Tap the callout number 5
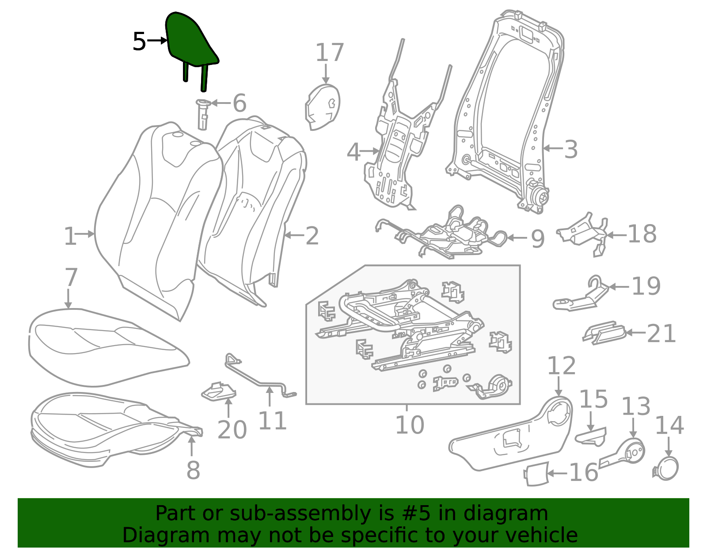pos(139,42)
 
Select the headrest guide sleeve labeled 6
pos(202,114)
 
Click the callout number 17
pos(330,52)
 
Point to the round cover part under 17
pos(322,107)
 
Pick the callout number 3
pos(570,149)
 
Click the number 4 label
pos(353,152)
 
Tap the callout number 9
pos(537,239)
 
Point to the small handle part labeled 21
pos(604,333)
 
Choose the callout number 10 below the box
pos(410,425)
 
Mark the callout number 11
pos(272,421)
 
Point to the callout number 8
pos(193,470)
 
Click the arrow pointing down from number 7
pos(68,298)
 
